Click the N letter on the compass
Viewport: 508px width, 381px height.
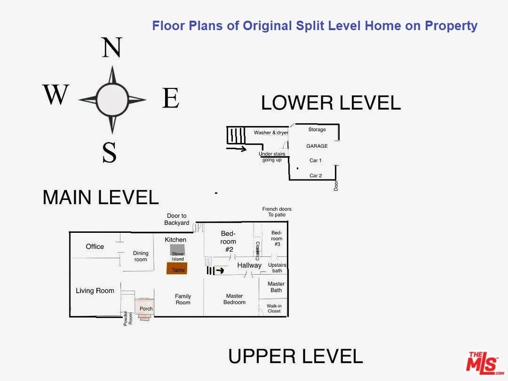112,47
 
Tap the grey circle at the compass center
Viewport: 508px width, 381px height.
112,99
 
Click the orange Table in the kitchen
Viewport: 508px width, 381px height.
177,269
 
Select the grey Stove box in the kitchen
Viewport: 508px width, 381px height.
177,250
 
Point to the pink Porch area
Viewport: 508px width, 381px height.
144,309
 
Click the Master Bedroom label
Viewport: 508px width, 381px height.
234,299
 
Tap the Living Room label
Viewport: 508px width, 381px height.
95,291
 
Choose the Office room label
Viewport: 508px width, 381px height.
95,247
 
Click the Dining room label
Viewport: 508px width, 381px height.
141,256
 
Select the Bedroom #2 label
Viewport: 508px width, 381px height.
229,241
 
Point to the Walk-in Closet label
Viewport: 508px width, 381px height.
274,309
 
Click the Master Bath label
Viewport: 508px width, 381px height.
276,287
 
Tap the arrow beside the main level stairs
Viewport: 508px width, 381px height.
220,270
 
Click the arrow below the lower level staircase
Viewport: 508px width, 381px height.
237,149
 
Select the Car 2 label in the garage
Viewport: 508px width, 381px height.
315,176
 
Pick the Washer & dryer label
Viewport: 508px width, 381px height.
271,132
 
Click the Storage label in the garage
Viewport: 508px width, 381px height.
317,130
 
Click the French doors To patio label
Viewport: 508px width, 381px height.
277,212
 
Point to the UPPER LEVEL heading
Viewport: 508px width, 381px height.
295,356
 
